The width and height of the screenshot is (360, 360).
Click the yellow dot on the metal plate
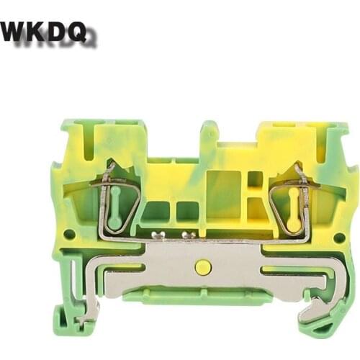pos(203,268)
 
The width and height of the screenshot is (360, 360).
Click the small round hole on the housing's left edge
pos(69,234)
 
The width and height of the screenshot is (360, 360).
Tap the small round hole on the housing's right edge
pos(338,237)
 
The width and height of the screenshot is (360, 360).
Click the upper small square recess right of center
pos(255,179)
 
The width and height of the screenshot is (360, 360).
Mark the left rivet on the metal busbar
pos(157,235)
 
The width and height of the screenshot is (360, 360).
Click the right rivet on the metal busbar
pos(188,235)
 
